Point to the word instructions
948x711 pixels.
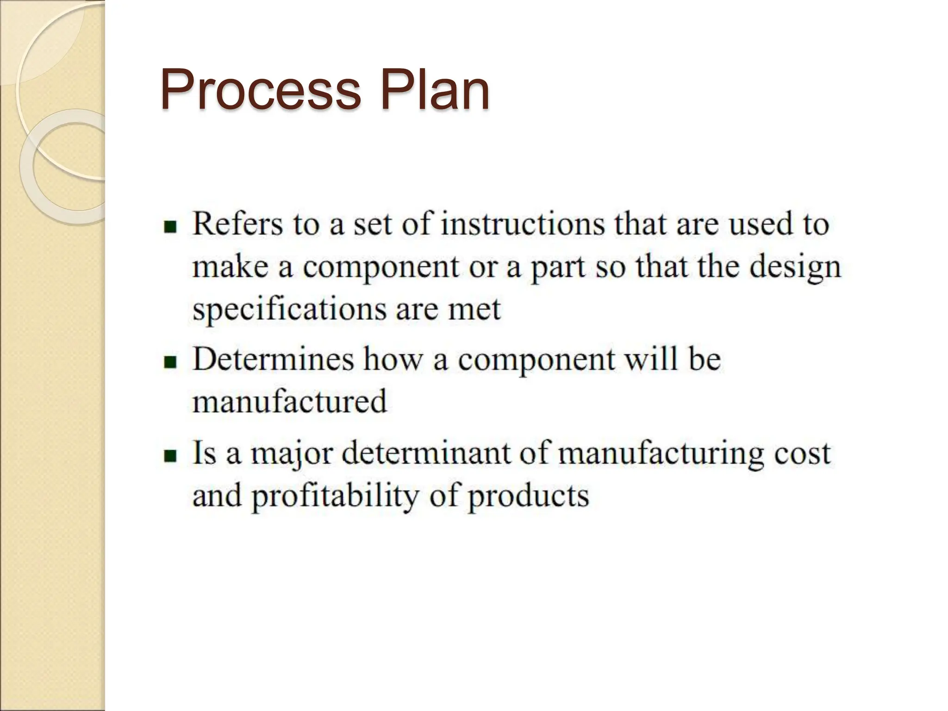pos(523,225)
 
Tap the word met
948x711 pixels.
pos(474,310)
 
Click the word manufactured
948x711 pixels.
pos(289,401)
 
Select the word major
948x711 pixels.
pos(292,454)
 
